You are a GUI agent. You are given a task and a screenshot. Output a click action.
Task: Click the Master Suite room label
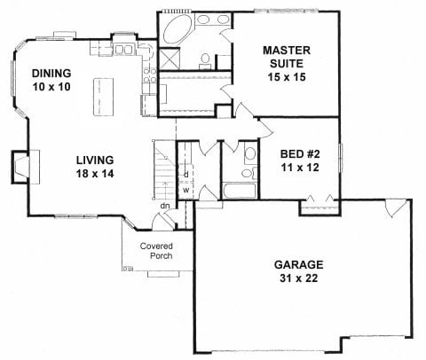(x=287, y=64)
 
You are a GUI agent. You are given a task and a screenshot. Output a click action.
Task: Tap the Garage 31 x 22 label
(x=299, y=271)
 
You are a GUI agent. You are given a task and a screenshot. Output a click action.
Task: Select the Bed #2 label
(x=300, y=160)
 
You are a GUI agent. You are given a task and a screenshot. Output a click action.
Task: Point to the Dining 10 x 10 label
(x=51, y=80)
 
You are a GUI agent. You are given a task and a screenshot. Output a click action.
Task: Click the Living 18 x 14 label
(x=95, y=167)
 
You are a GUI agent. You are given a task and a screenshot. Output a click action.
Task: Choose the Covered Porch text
(x=156, y=251)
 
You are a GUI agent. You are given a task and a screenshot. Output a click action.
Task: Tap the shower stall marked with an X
(x=170, y=59)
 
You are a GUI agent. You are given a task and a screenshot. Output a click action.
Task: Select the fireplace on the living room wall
(x=26, y=167)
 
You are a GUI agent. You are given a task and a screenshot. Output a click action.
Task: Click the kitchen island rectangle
(x=104, y=97)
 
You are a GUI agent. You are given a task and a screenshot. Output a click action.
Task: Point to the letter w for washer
(x=185, y=190)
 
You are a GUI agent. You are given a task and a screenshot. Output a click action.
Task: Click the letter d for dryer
(x=186, y=175)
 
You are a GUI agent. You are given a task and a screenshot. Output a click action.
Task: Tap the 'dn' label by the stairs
(x=165, y=206)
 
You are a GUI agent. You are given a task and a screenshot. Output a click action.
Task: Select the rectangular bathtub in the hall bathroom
(x=240, y=191)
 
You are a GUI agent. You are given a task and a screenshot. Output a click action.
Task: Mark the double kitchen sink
(x=123, y=50)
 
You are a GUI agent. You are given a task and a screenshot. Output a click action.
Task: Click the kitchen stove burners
(x=149, y=75)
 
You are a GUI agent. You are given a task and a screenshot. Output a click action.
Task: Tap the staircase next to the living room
(x=164, y=169)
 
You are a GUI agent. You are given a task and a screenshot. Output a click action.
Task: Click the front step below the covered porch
(x=163, y=274)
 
